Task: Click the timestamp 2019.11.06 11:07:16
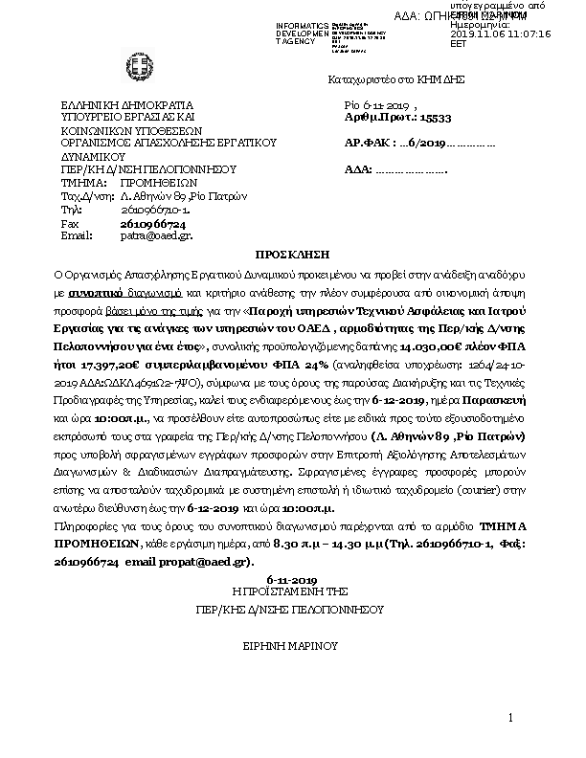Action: coord(500,33)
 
